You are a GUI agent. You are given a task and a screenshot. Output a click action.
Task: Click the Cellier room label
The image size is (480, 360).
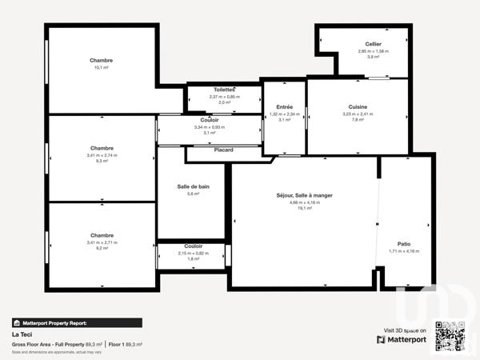[x=373, y=44]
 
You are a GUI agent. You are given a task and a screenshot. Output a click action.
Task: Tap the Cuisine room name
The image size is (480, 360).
[x=358, y=107]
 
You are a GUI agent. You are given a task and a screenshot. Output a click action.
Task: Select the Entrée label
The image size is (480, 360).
[x=284, y=107]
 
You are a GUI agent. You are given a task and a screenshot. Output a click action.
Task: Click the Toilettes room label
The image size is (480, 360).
[x=225, y=90]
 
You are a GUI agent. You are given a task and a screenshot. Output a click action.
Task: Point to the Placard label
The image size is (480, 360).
[x=224, y=150]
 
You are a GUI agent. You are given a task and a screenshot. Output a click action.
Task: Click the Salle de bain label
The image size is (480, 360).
[x=193, y=186]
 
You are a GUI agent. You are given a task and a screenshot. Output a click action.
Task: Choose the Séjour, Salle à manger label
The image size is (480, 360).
[x=304, y=195]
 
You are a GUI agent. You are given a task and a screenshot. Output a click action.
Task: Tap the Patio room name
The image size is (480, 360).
[x=404, y=243]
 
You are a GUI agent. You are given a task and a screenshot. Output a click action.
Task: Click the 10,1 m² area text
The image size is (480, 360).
[x=102, y=68]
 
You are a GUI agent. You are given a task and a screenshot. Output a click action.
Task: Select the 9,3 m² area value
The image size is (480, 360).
[x=102, y=161]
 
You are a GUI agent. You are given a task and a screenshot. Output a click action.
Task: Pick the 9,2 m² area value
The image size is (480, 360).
[x=102, y=248]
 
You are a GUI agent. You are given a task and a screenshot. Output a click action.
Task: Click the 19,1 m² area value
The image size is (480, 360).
[x=304, y=208]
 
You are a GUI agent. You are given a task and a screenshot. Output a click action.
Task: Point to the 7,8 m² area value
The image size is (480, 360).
[x=358, y=120]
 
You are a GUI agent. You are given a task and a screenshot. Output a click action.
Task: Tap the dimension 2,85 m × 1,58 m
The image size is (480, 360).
[x=373, y=51]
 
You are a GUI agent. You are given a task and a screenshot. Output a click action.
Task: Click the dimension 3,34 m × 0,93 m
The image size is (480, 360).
[x=210, y=126]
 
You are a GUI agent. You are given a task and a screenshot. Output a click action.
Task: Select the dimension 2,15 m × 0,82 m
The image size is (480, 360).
[x=193, y=253]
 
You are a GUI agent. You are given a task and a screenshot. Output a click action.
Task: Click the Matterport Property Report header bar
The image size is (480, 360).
[x=77, y=322]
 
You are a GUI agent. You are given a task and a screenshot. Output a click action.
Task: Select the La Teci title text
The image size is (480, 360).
[x=21, y=334]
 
